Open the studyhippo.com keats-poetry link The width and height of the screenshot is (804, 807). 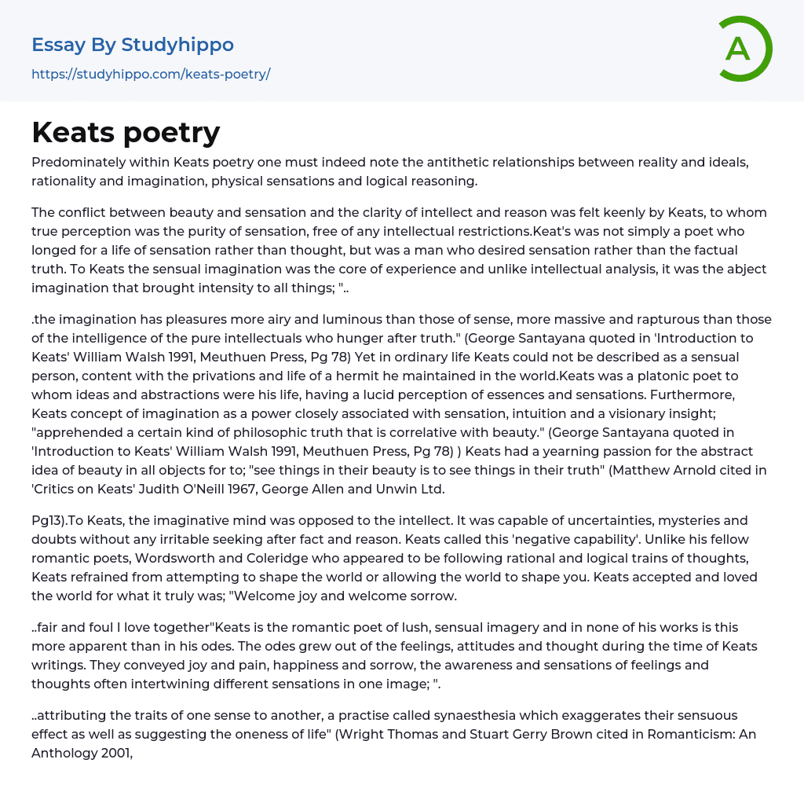coord(151,74)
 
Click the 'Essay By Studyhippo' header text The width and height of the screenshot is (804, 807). coord(133,45)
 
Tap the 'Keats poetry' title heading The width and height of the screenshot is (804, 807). coord(126,133)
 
